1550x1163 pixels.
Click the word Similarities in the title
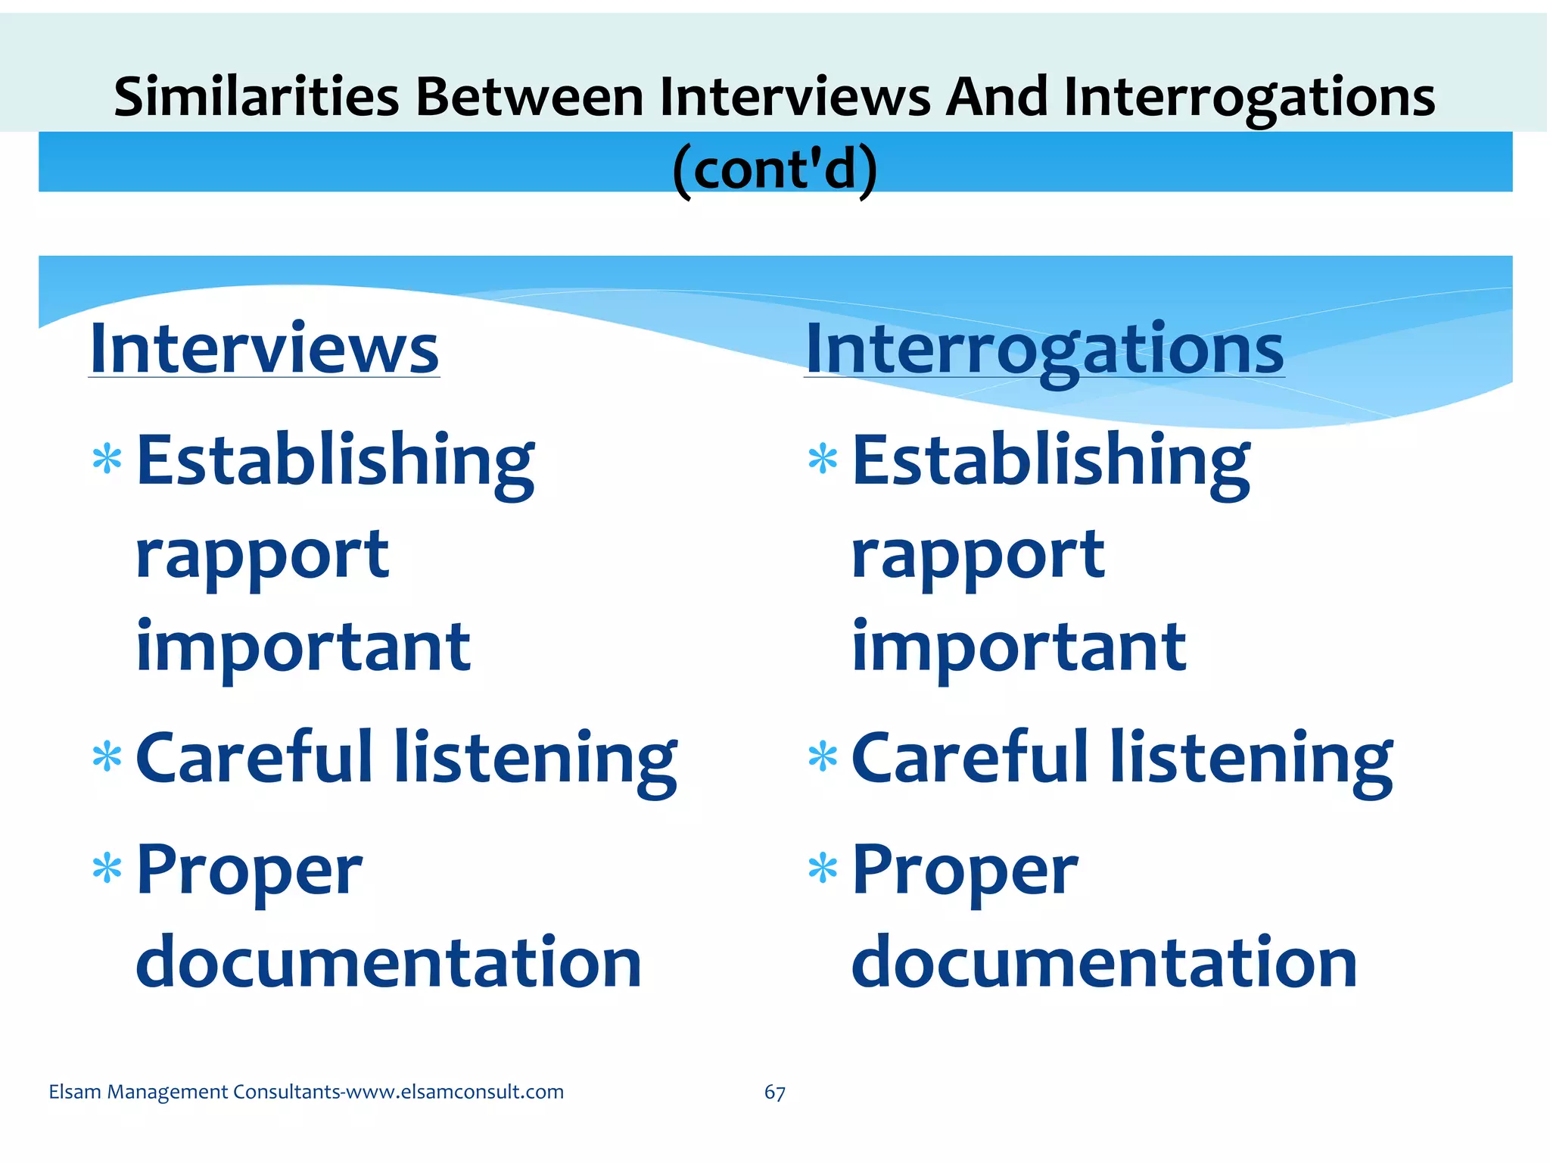256,97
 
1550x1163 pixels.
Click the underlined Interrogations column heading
1044,350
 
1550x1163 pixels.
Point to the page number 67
774,1092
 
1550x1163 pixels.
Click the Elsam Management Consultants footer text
306,1092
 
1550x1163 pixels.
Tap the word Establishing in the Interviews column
335,461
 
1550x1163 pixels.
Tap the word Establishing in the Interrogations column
1050,461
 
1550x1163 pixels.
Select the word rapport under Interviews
262,557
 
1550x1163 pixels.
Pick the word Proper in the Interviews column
249,871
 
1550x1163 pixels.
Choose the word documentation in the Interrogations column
1104,962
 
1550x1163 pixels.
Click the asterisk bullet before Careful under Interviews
107,757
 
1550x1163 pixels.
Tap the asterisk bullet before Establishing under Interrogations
823,460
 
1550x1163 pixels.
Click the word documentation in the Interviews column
389,962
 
